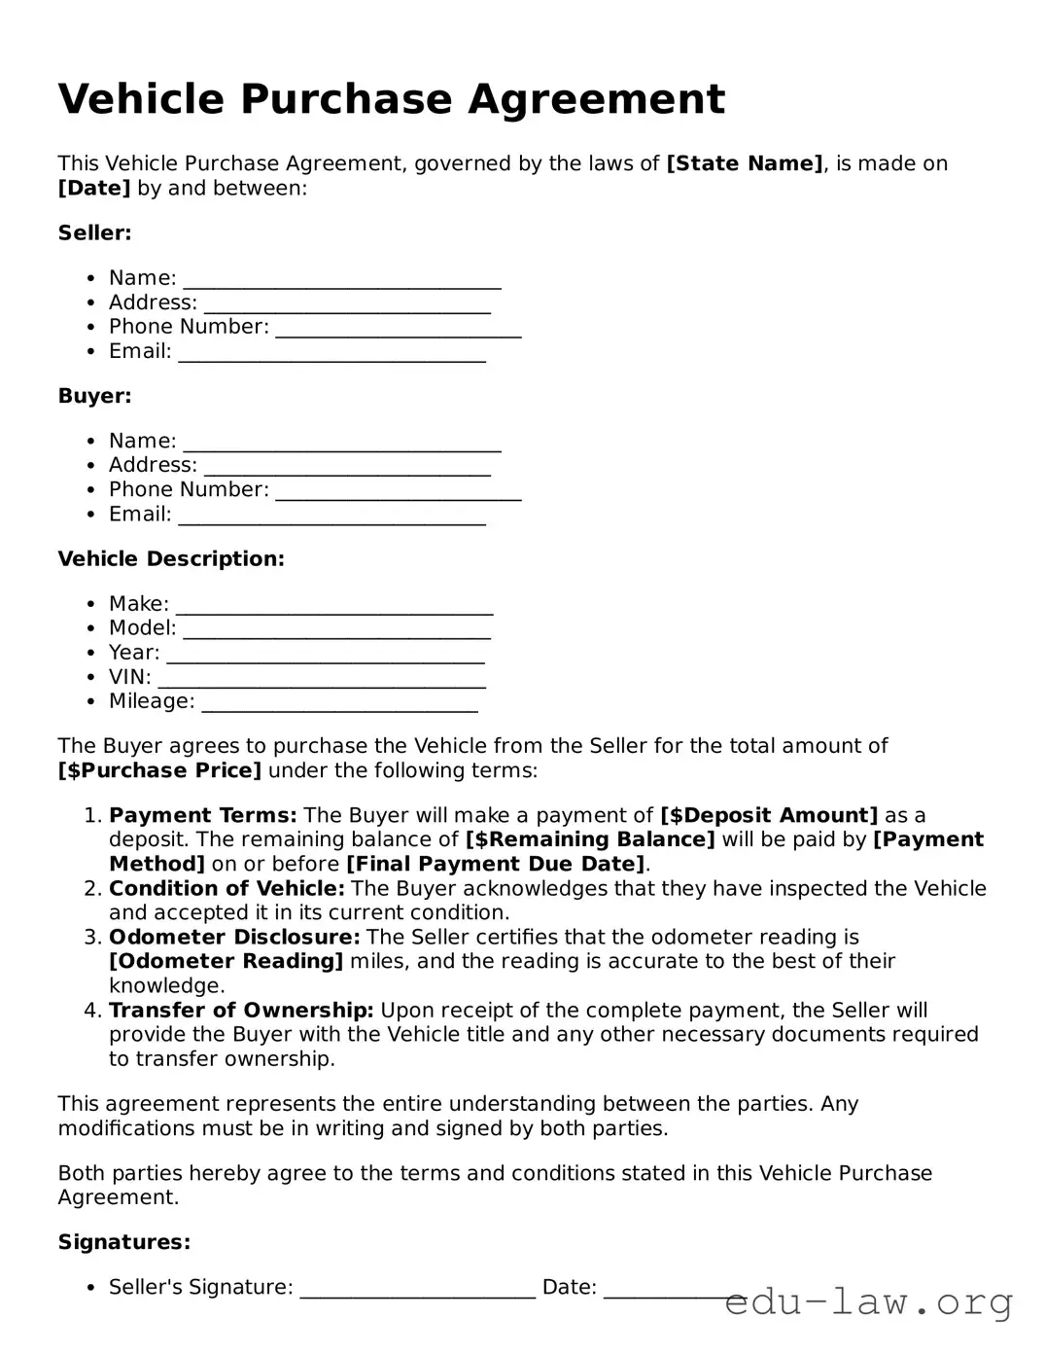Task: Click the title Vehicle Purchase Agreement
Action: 391,99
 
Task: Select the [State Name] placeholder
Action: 745,163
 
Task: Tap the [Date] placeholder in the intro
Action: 93,188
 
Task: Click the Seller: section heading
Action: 94,232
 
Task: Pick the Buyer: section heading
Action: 94,396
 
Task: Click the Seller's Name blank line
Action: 342,282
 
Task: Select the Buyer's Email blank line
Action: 331,518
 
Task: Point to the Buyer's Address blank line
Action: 347,470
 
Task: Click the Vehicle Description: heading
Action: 171,558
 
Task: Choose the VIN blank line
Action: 322,681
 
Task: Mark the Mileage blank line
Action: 339,706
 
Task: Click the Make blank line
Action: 334,608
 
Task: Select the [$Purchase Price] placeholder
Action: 159,770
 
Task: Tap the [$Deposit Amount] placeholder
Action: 768,815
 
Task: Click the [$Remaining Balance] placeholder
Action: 590,839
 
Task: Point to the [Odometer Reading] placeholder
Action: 226,961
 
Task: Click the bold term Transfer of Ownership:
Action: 241,1010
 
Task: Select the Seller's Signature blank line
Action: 418,1292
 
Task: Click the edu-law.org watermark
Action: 869,1300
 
